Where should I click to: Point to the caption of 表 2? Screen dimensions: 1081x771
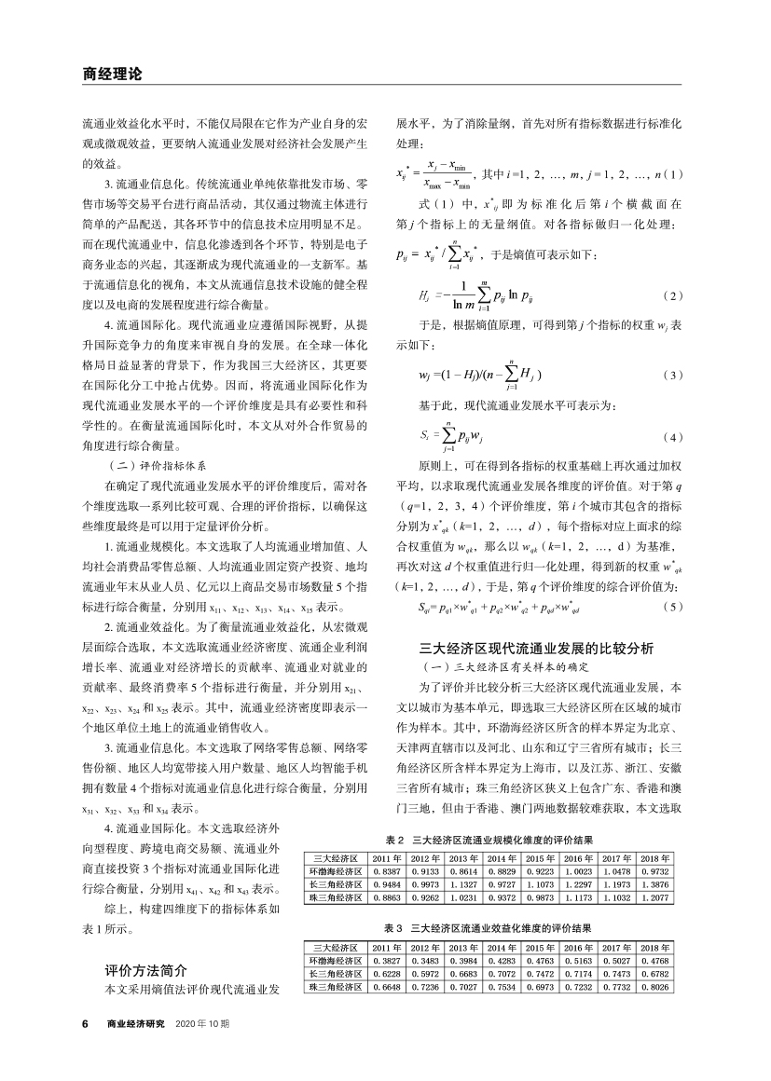(x=489, y=841)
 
